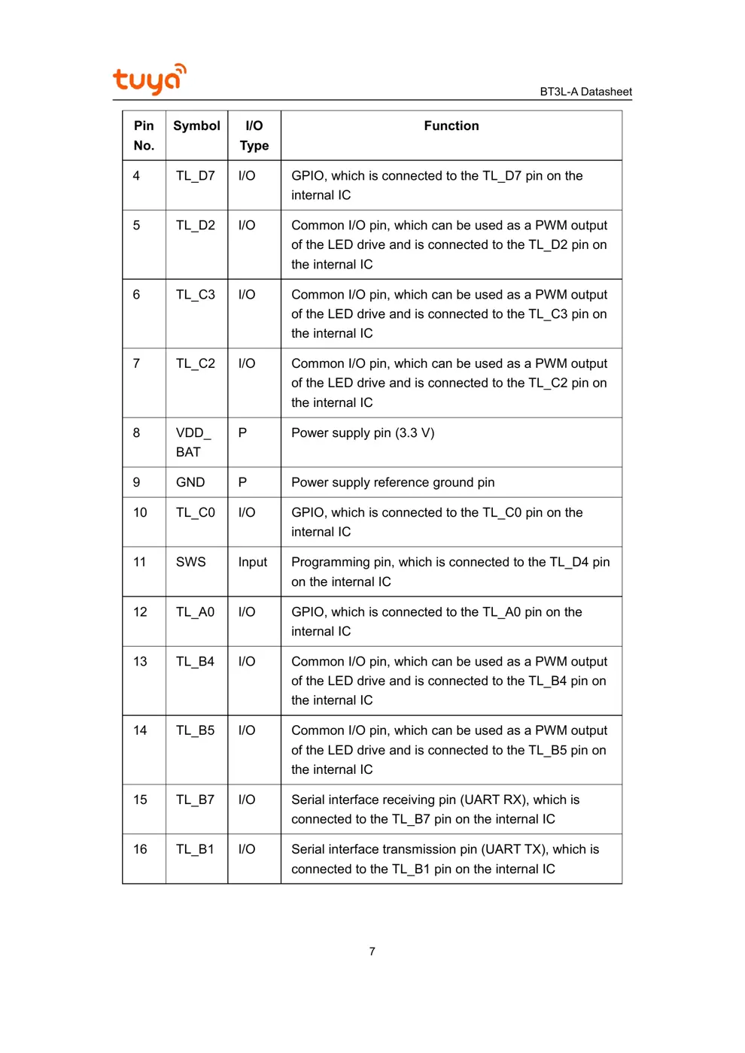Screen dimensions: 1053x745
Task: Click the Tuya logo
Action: pyautogui.click(x=149, y=79)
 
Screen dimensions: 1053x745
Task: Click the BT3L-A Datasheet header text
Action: pyautogui.click(x=585, y=92)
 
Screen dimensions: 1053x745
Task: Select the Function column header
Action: pyautogui.click(x=451, y=126)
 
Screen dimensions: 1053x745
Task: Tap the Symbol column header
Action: pyautogui.click(x=196, y=126)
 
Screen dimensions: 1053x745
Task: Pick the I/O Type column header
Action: pyautogui.click(x=254, y=135)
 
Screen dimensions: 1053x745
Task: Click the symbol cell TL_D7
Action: pyautogui.click(x=196, y=175)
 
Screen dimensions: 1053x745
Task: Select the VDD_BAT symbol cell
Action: pyautogui.click(x=193, y=442)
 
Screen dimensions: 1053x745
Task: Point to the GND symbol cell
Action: pyautogui.click(x=190, y=482)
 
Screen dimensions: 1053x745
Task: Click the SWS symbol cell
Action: pyautogui.click(x=190, y=562)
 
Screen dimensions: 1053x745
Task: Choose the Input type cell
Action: pyautogui.click(x=253, y=562)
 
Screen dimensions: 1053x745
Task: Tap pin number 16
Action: pyautogui.click(x=140, y=849)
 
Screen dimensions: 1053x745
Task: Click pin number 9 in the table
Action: pyautogui.click(x=136, y=482)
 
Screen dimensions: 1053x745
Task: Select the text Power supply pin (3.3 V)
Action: pyautogui.click(x=363, y=432)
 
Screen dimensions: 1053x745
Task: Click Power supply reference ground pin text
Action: pyautogui.click(x=393, y=482)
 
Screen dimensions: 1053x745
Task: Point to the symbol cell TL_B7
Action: pyautogui.click(x=195, y=800)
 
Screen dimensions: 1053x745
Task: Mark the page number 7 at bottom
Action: pyautogui.click(x=372, y=951)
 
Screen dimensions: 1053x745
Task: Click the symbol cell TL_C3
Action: pyautogui.click(x=196, y=294)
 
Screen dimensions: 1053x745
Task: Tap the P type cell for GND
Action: pyautogui.click(x=242, y=482)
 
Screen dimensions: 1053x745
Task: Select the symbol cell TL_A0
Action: pyautogui.click(x=195, y=611)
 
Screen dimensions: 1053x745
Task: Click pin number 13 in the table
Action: pyautogui.click(x=140, y=661)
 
